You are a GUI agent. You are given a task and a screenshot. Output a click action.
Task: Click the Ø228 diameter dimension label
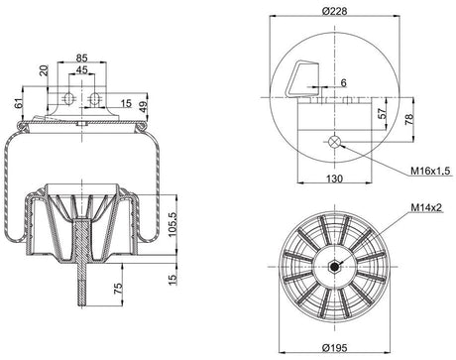tap(334, 11)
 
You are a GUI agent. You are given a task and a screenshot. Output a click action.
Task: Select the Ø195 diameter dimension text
tap(334, 347)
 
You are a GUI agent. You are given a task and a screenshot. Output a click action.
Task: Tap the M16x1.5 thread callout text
tap(430, 171)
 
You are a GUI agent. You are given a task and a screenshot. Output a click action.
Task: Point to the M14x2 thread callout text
tap(426, 207)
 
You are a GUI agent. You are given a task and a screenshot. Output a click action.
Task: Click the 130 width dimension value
tap(334, 179)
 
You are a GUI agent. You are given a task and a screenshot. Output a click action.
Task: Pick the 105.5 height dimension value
tap(172, 224)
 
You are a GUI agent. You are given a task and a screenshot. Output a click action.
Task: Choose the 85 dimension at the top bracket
tap(81, 59)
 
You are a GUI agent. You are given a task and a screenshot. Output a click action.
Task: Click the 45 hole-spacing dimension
tap(81, 70)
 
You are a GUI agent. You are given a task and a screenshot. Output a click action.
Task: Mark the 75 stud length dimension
tap(118, 289)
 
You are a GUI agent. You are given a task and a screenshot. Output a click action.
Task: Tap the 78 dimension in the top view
tap(408, 119)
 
